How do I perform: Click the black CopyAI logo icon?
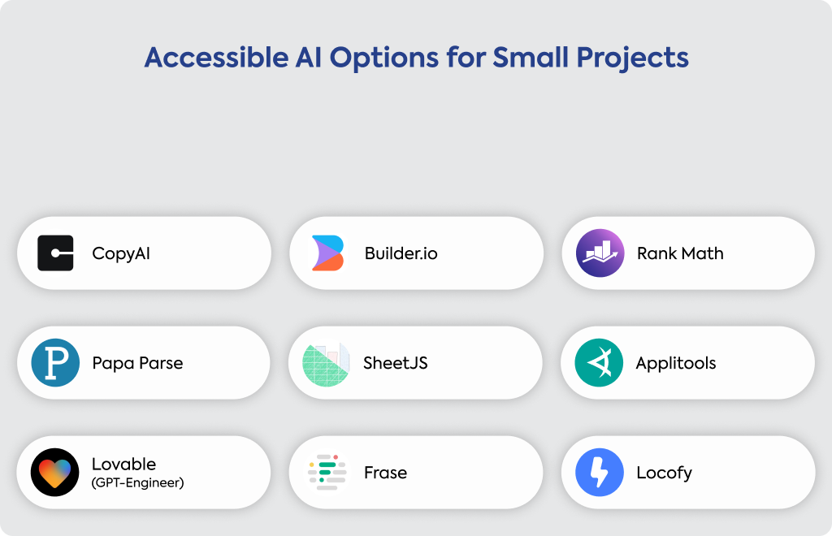[55, 253]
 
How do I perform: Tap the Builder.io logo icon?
[328, 253]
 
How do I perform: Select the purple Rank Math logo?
[600, 253]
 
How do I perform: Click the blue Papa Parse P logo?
[55, 363]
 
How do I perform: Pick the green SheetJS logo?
[326, 364]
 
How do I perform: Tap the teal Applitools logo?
[599, 363]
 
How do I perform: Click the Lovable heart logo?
[54, 473]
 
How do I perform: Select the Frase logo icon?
[327, 472]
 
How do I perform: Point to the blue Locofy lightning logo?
[600, 473]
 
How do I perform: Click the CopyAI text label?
[121, 253]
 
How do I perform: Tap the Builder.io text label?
[401, 253]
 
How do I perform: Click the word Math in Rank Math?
[703, 253]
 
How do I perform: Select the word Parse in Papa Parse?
[161, 363]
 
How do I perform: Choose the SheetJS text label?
[396, 363]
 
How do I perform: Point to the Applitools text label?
[676, 363]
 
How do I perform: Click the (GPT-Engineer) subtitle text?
[138, 482]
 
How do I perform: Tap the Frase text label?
[386, 473]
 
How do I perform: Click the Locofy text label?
[665, 473]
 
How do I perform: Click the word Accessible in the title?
[216, 58]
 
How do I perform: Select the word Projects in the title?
[632, 58]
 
